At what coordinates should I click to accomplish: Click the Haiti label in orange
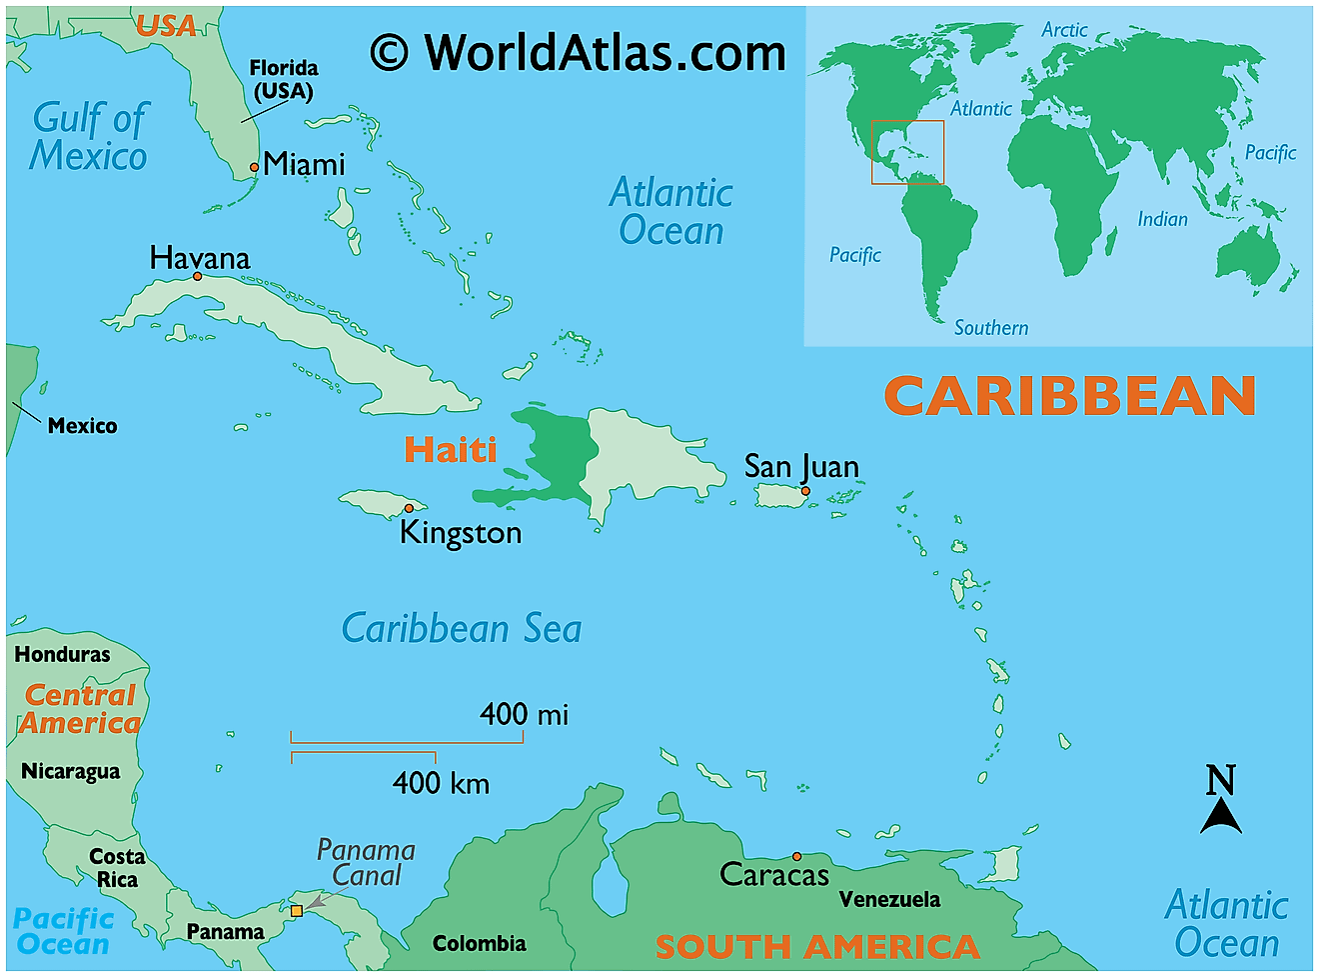pyautogui.click(x=450, y=449)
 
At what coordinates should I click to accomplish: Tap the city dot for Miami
pyautogui.click(x=254, y=168)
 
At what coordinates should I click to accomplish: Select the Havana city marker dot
pyautogui.click(x=198, y=276)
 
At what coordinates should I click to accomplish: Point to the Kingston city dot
pyautogui.click(x=409, y=508)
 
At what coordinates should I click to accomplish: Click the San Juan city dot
pyautogui.click(x=805, y=490)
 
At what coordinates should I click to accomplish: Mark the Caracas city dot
pyautogui.click(x=796, y=856)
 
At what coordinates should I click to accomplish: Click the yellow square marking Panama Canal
pyautogui.click(x=297, y=911)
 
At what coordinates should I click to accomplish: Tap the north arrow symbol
pyautogui.click(x=1221, y=800)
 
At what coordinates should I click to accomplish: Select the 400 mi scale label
pyautogui.click(x=524, y=714)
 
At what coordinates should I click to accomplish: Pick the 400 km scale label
pyautogui.click(x=441, y=782)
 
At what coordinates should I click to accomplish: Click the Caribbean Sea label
pyautogui.click(x=462, y=629)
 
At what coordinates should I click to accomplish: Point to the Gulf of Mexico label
pyautogui.click(x=89, y=137)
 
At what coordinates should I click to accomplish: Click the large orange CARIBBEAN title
pyautogui.click(x=1069, y=396)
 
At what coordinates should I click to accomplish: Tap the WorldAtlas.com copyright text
pyautogui.click(x=579, y=52)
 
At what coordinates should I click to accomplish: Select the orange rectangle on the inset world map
pyautogui.click(x=907, y=152)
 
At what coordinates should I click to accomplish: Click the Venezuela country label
pyautogui.click(x=889, y=899)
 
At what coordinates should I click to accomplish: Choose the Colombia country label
pyautogui.click(x=479, y=943)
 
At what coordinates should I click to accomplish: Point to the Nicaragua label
pyautogui.click(x=70, y=771)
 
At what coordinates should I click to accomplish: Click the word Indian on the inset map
pyautogui.click(x=1162, y=219)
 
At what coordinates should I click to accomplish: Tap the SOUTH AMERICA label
pyautogui.click(x=816, y=946)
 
